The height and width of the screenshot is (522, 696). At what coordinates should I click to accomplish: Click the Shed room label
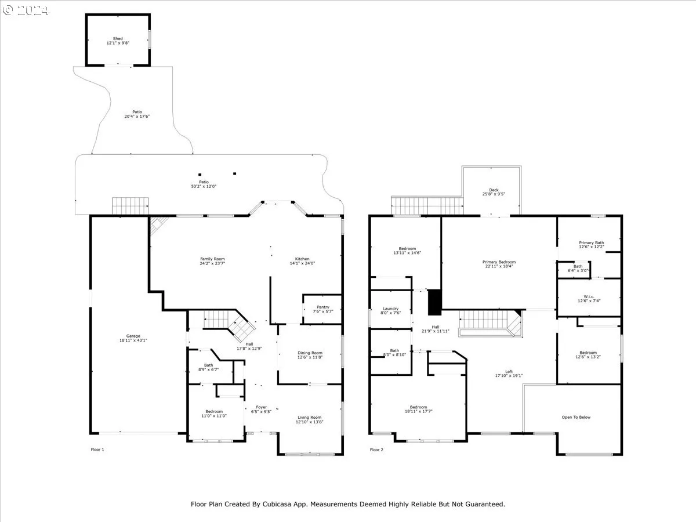[118, 39]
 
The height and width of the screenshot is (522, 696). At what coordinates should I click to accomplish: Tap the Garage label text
[133, 336]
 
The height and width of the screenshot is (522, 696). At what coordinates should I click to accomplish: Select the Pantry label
[323, 307]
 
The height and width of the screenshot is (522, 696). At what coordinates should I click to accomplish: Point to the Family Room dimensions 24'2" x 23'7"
[212, 263]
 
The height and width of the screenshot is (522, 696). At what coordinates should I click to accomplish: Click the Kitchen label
[302, 259]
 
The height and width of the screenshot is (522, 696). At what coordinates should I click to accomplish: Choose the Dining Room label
[310, 353]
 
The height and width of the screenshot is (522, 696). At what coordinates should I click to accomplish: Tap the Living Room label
[310, 418]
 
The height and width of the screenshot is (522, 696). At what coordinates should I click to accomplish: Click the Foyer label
[261, 407]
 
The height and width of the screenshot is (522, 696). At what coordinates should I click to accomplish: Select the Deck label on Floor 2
[494, 190]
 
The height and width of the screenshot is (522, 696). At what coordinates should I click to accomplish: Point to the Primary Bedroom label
[499, 262]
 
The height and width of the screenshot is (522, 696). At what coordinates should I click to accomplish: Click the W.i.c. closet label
[589, 296]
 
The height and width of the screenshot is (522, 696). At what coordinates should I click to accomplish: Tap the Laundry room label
[391, 309]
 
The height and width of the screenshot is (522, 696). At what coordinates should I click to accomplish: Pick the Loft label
[509, 371]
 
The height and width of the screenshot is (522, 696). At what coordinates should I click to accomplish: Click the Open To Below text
[576, 418]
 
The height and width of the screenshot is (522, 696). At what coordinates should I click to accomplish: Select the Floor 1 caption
[97, 449]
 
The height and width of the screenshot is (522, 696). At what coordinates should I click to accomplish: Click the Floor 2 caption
[376, 449]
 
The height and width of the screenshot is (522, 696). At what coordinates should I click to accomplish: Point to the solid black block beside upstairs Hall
[435, 302]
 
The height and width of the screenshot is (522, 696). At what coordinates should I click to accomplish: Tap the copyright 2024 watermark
[26, 10]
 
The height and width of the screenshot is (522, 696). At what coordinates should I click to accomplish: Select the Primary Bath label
[592, 243]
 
